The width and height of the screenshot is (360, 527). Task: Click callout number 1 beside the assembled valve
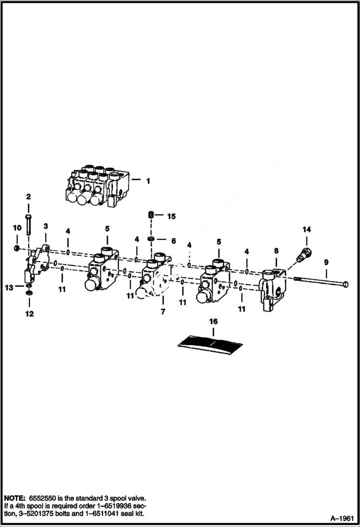[x=148, y=181]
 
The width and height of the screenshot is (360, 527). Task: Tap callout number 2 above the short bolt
[x=28, y=196]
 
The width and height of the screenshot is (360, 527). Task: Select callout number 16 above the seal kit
[x=213, y=321]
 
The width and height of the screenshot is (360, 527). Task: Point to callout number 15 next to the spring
[x=171, y=217]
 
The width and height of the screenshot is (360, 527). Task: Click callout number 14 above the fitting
[x=307, y=230]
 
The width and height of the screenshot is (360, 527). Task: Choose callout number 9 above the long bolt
[x=326, y=262]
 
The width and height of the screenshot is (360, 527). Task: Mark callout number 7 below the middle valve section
[x=163, y=312]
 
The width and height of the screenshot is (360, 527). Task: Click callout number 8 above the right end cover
[x=276, y=250]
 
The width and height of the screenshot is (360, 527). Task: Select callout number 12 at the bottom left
[x=29, y=314]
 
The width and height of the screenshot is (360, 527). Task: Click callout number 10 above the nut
[x=17, y=227]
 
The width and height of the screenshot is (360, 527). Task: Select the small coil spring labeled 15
[x=151, y=216]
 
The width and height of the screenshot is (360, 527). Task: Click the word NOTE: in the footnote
[x=14, y=498]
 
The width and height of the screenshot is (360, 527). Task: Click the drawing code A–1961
[x=342, y=518]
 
